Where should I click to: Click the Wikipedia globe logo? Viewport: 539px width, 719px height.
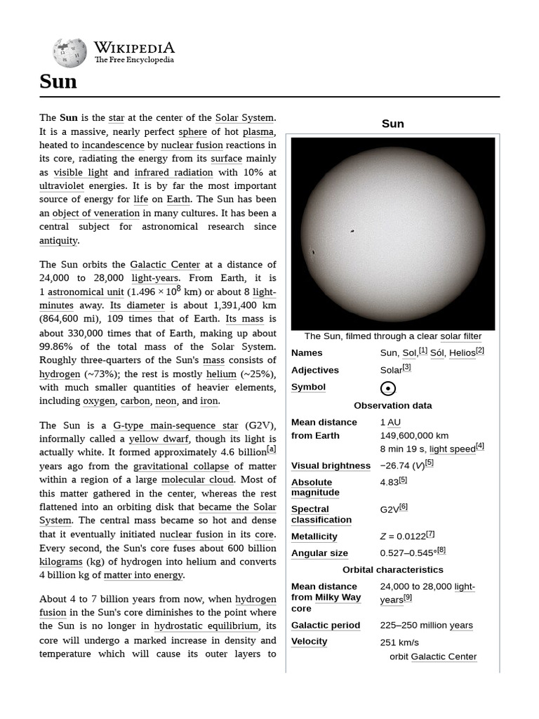click(x=69, y=53)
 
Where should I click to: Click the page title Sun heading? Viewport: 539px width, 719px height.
click(x=58, y=82)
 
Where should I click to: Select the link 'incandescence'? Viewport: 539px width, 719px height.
click(x=113, y=145)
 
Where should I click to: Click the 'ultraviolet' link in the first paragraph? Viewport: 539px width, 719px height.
click(x=62, y=185)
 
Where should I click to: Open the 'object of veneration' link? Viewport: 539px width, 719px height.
click(x=96, y=213)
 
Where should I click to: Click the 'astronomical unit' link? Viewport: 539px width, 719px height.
click(x=86, y=292)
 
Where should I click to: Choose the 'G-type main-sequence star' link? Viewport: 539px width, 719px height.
click(x=175, y=426)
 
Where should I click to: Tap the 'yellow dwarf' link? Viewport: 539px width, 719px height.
click(x=154, y=439)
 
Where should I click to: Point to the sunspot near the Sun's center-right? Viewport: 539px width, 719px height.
click(x=352, y=231)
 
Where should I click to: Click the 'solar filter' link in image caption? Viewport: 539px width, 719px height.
click(x=461, y=336)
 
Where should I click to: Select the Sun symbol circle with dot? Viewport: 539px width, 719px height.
click(x=388, y=388)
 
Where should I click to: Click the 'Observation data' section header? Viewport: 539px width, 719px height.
click(x=392, y=405)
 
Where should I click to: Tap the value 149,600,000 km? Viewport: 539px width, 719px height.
click(x=414, y=435)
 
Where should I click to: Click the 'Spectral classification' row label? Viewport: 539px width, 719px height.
click(x=321, y=514)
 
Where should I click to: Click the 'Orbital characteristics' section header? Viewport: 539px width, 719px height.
click(x=392, y=569)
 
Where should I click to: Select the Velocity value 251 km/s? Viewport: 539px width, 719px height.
click(x=399, y=642)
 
